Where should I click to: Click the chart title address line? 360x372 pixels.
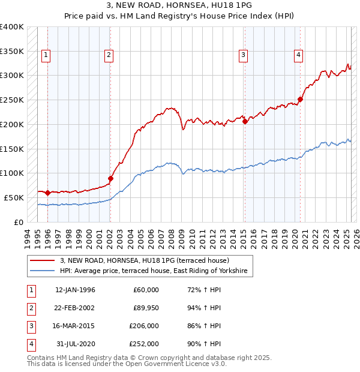coord(179,5)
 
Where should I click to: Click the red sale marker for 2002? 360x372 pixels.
coord(110,178)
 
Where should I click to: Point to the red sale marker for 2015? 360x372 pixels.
coord(245,121)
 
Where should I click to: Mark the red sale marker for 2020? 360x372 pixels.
coord(301,99)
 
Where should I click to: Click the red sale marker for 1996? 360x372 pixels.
coord(48,193)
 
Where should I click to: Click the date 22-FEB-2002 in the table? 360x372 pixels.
coord(75,308)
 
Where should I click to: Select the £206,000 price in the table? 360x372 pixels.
coord(144,326)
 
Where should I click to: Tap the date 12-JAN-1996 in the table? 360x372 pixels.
coord(75,290)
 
